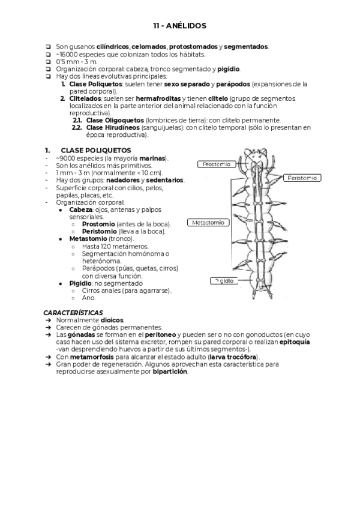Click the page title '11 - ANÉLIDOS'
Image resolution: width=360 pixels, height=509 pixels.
tap(179, 26)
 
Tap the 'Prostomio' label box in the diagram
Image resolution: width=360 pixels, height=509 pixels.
tap(216, 164)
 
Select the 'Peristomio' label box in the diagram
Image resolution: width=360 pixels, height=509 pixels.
tap(302, 178)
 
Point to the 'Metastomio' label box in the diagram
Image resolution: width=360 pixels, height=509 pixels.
tap(208, 222)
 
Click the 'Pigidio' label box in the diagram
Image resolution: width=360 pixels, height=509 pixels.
tap(224, 280)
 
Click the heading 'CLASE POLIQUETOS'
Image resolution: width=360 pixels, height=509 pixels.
tap(95, 150)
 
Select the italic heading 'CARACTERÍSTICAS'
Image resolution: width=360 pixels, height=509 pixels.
tap(73, 313)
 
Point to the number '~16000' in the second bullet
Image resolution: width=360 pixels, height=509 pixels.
tap(67, 54)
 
